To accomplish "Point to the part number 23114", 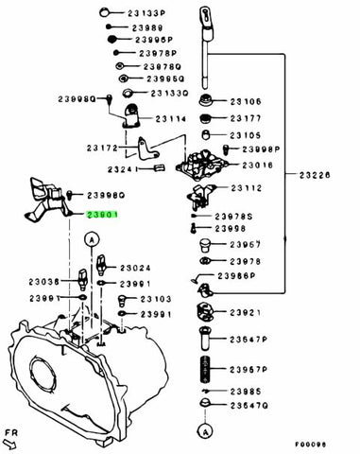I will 172,118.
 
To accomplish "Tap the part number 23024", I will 138,268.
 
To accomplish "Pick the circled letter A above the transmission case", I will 91,242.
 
